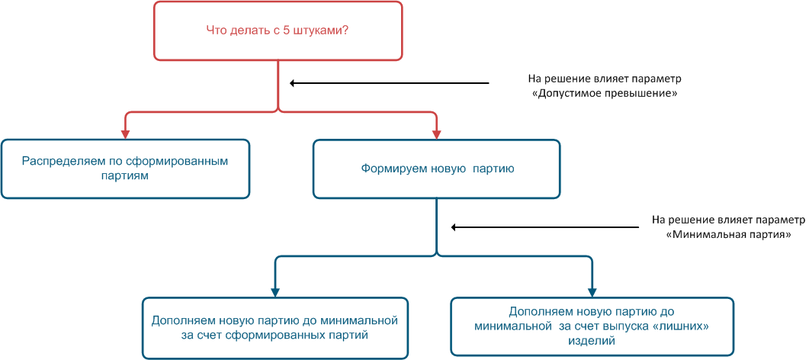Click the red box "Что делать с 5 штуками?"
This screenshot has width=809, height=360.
(278, 31)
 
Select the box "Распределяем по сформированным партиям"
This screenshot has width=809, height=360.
(125, 169)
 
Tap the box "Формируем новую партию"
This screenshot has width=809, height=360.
(436, 169)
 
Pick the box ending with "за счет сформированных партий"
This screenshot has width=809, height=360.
(274, 327)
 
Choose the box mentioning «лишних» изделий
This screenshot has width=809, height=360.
(592, 326)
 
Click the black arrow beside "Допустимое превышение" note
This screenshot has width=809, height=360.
(389, 83)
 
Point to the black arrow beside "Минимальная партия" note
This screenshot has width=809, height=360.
(545, 227)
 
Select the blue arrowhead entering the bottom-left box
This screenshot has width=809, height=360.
(275, 292)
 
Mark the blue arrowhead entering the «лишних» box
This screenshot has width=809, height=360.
(592, 292)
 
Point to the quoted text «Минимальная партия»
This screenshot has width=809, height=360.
(728, 235)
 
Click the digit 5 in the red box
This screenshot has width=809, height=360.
(293, 31)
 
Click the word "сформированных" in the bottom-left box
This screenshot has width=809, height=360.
(265, 334)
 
